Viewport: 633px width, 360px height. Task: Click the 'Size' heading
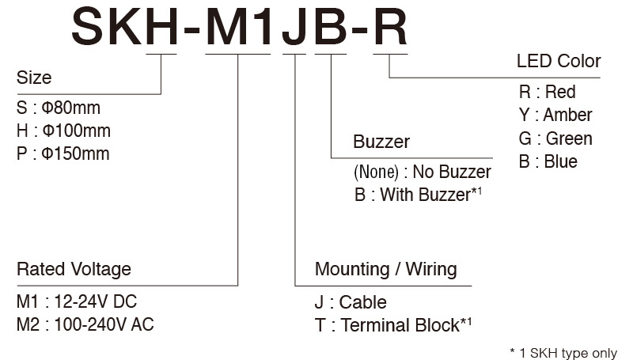[34, 77]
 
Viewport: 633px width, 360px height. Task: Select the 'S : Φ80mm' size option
[59, 108]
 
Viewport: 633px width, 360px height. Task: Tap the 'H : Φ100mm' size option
[63, 131]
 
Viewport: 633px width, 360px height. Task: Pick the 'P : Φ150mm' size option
[63, 153]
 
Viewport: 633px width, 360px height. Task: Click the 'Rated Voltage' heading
[74, 269]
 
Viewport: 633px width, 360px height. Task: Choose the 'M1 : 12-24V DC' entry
[77, 301]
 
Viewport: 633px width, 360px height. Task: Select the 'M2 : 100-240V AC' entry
[85, 324]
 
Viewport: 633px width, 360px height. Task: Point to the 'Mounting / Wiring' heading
[386, 269]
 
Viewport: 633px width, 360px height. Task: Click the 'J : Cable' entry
[351, 302]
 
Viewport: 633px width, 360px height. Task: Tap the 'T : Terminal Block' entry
[393, 325]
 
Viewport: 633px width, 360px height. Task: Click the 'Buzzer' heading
[381, 142]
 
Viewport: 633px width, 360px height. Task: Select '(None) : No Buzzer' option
[423, 172]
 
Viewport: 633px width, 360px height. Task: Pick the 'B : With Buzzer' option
[419, 195]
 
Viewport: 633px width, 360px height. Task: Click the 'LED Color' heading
[559, 61]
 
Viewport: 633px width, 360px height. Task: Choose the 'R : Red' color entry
[548, 92]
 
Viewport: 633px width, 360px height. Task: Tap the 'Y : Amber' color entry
[555, 115]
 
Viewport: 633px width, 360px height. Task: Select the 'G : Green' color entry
[555, 138]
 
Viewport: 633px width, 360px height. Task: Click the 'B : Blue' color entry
[548, 161]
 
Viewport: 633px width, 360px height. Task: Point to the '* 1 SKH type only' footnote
[563, 353]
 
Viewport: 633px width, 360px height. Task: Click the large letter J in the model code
[294, 28]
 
